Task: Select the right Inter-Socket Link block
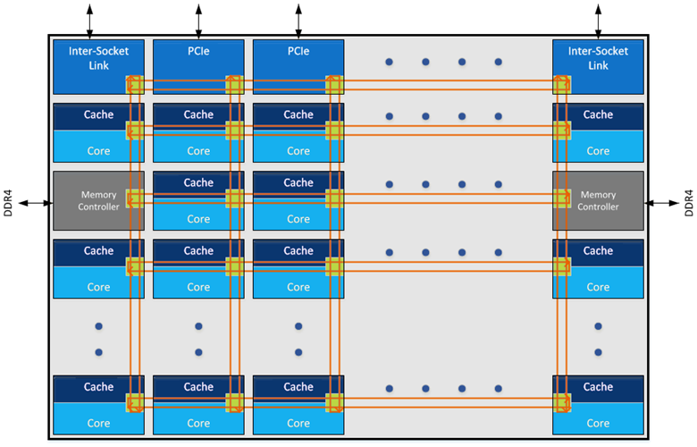(x=598, y=58)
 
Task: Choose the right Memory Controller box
(x=598, y=200)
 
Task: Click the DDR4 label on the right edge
(x=687, y=202)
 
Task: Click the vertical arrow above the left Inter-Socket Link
(x=89, y=19)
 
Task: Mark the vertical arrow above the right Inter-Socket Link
(x=598, y=19)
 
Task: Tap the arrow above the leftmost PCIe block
(x=198, y=19)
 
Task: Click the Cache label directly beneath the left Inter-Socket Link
(x=98, y=114)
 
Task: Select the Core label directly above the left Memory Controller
(x=98, y=150)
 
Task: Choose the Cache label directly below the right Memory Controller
(x=598, y=251)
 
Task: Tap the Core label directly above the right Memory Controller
(x=598, y=150)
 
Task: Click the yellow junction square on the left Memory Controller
(x=135, y=198)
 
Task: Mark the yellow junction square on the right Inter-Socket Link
(x=562, y=85)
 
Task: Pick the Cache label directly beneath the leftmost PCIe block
(x=198, y=114)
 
